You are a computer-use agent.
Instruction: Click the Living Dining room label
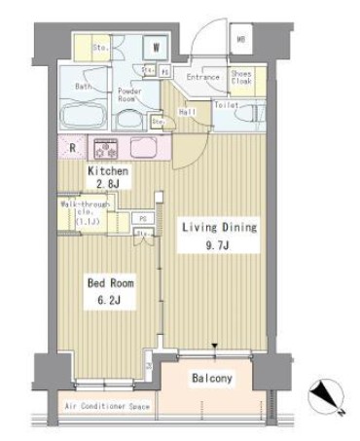point(220,227)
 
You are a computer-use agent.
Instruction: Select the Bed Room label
point(109,283)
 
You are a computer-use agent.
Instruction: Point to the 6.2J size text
point(109,301)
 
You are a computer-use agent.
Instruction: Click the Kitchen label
point(108,170)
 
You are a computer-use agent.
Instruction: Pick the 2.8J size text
point(108,184)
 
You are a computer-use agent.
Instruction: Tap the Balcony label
point(211,378)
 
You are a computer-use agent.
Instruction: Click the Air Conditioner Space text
point(107,406)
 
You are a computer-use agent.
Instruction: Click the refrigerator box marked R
point(73,148)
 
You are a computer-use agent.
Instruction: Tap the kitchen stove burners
point(104,149)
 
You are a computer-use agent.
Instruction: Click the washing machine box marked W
point(155,46)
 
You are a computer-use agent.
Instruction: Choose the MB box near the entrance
point(239,41)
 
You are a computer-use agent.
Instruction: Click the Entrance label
point(204,75)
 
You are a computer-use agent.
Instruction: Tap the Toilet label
point(226,103)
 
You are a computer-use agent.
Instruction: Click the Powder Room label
point(129,95)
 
